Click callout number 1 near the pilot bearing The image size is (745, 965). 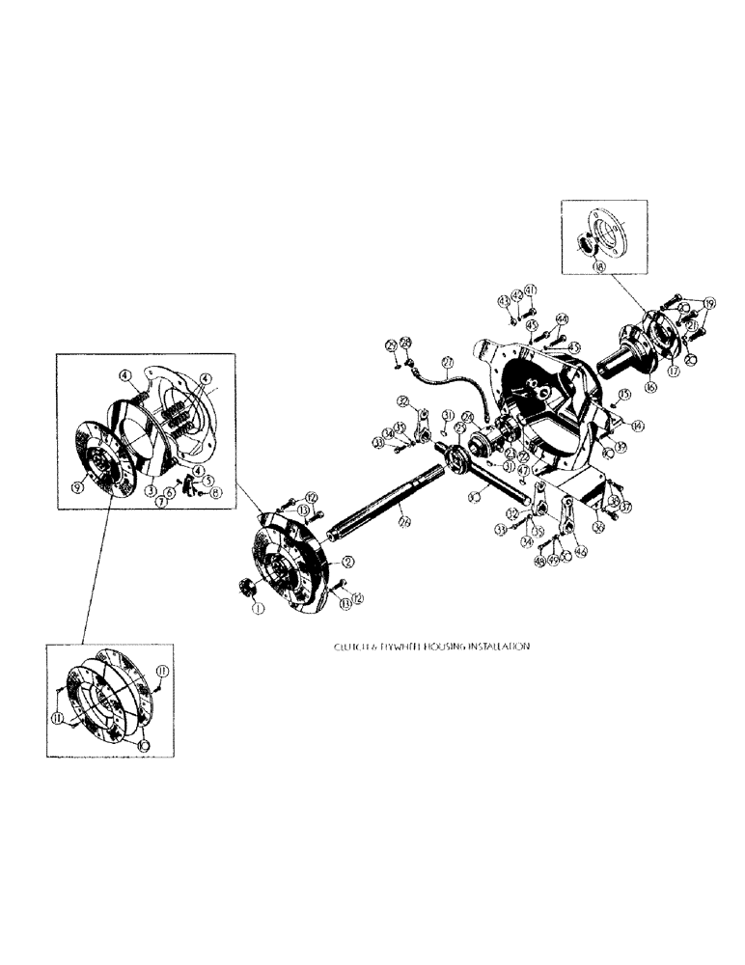click(257, 609)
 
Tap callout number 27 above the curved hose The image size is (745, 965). click(448, 364)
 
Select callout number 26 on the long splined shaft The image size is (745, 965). click(404, 523)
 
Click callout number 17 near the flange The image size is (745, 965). click(674, 367)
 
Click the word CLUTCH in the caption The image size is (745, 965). click(345, 649)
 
